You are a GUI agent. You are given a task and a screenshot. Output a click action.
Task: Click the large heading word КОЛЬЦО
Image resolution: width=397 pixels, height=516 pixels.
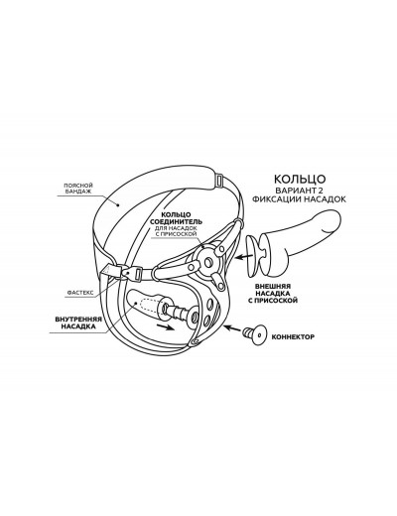click(300, 179)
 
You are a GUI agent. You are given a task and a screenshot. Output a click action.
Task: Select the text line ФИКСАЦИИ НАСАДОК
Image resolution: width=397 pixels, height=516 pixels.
click(299, 199)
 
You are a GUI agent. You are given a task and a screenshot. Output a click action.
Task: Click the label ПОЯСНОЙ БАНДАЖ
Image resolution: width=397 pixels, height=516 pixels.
click(78, 189)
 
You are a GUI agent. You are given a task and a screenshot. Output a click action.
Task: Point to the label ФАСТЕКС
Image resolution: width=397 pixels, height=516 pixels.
click(80, 293)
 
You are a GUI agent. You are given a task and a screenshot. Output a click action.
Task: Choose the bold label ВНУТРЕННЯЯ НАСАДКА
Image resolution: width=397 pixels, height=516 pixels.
click(78, 322)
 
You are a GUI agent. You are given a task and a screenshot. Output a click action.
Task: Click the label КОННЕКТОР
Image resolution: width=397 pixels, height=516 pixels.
click(293, 337)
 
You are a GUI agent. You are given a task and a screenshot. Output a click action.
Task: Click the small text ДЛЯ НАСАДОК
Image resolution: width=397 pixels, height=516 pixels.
click(176, 228)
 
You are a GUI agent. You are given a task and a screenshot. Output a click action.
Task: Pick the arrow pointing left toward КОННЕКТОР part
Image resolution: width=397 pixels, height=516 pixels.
click(231, 328)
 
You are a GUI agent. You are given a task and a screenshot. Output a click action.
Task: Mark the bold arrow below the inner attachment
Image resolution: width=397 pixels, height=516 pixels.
click(165, 327)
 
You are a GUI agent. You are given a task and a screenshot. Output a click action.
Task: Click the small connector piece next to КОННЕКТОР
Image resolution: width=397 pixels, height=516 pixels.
click(254, 334)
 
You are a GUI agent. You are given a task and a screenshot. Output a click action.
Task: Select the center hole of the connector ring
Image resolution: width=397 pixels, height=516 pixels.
click(208, 262)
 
